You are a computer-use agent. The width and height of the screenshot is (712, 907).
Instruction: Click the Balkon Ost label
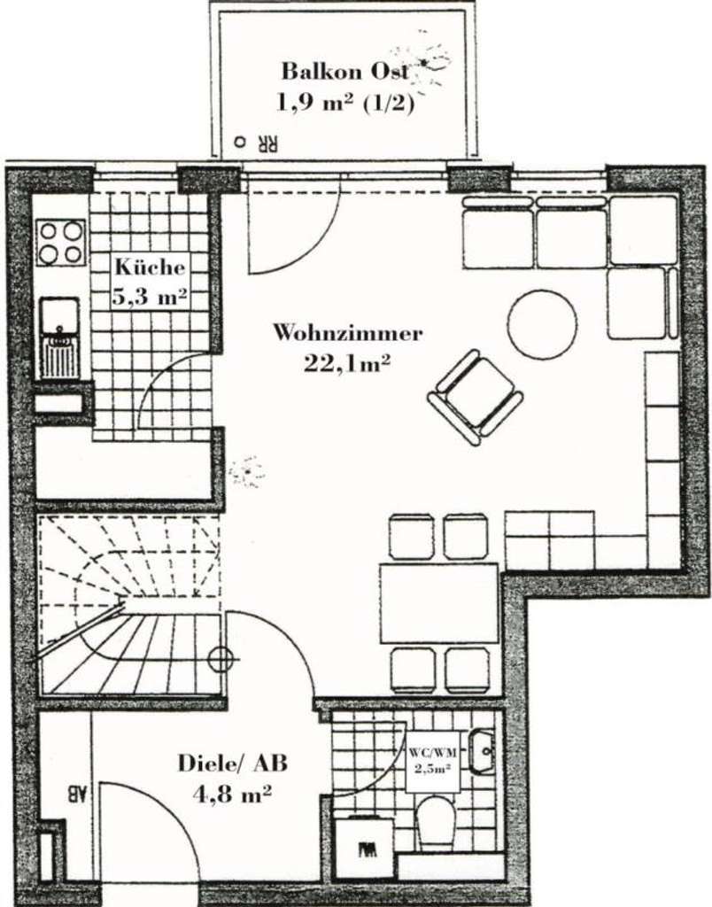(x=345, y=71)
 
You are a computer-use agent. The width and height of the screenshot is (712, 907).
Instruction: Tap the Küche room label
(x=149, y=267)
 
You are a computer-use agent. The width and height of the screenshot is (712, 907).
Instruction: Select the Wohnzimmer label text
(x=347, y=334)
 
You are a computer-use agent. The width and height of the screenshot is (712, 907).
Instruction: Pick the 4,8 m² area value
(x=232, y=795)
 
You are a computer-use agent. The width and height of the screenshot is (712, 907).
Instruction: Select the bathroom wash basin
(x=483, y=752)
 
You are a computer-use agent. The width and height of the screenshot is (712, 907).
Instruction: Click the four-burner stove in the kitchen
(x=61, y=242)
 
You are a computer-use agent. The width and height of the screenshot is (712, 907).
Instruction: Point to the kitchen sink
(x=60, y=337)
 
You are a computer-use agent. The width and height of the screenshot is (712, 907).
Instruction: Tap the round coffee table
(x=542, y=324)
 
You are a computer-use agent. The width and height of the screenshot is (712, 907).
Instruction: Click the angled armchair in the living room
(x=476, y=395)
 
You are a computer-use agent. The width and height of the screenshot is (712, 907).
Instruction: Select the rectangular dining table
(x=439, y=602)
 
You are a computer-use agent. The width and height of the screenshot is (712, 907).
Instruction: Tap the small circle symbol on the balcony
(x=238, y=141)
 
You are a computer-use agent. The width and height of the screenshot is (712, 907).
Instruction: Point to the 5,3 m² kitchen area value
(x=149, y=296)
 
